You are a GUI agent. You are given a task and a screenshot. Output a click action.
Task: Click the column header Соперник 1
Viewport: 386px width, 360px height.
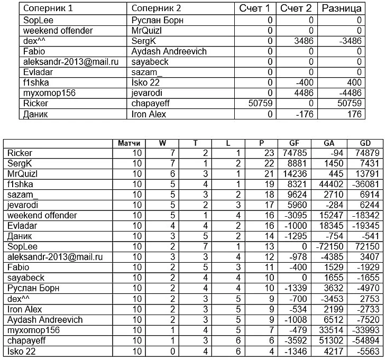pos(47,8)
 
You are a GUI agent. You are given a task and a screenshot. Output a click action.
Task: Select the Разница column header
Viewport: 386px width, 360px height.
pos(342,8)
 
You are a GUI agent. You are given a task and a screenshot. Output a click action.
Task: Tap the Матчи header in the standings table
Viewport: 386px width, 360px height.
pos(128,143)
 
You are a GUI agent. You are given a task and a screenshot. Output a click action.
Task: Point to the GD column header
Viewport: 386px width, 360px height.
pos(364,143)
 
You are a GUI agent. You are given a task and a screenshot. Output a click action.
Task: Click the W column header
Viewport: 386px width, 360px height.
pos(162,143)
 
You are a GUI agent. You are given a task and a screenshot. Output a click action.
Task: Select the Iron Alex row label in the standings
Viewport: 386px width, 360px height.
pos(25,309)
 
